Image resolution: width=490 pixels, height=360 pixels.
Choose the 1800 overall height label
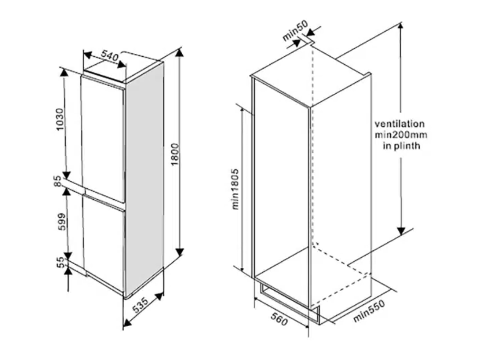tap(176, 154)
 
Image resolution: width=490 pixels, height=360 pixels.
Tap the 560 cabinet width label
tap(279, 319)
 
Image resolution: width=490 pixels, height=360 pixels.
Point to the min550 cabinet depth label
tap(369, 312)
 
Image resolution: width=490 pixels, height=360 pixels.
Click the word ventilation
tap(399, 124)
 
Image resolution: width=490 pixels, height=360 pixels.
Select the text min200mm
tap(401, 134)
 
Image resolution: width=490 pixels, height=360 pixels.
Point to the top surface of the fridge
tap(123, 71)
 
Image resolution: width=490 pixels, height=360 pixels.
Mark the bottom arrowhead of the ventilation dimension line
tap(401, 231)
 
